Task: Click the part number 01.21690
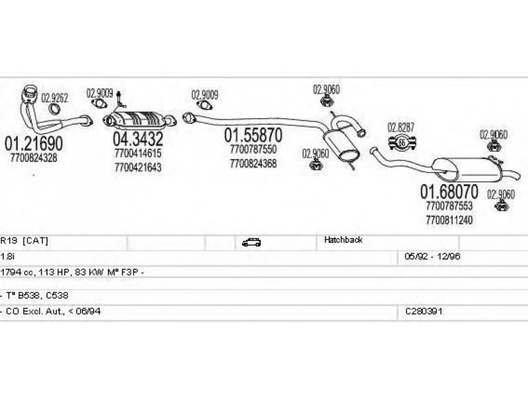pos(34,143)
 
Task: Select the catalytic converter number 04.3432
pos(138,139)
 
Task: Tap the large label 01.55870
pos(253,135)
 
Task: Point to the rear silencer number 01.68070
pos(449,191)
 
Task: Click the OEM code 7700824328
pos(34,158)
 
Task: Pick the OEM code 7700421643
pos(138,168)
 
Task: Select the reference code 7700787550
pos(253,149)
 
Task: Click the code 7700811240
pos(449,220)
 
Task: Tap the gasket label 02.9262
pos(55,98)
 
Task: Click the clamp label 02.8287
pos(401,127)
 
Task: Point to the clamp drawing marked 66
pos(402,143)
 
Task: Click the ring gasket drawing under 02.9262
pos(54,109)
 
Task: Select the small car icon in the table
pos(251,242)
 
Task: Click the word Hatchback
pos(343,240)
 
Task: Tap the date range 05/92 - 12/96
pos(432,256)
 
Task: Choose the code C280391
pos(424,311)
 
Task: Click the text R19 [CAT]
pos(24,240)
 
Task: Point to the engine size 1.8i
pos(7,256)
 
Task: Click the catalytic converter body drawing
pos(139,119)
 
